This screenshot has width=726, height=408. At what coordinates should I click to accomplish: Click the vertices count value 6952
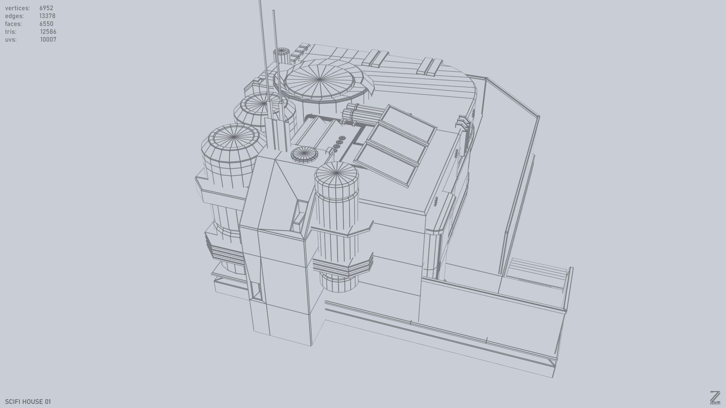tap(46, 8)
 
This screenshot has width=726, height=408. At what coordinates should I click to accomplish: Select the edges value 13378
tap(47, 16)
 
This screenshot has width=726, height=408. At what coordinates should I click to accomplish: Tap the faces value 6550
tap(46, 24)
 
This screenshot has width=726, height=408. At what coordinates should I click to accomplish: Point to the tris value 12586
tap(48, 32)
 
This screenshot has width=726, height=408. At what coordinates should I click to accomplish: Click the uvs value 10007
tap(48, 40)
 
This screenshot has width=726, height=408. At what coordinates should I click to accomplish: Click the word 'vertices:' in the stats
tap(17, 8)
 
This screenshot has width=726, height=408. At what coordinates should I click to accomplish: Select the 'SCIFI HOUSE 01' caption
tap(28, 402)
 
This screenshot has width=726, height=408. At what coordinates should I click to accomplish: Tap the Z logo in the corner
tap(715, 397)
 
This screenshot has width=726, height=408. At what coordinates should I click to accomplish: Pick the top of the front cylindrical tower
tap(336, 174)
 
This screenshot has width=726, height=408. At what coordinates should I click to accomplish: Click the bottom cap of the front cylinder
tap(338, 283)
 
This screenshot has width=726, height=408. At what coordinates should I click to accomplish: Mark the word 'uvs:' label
tap(11, 40)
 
